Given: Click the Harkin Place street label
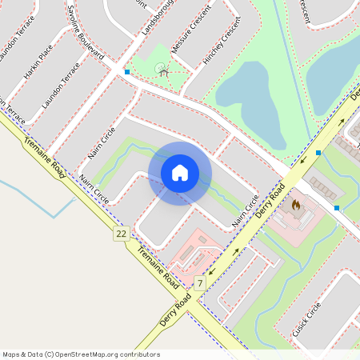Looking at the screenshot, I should coord(38,61).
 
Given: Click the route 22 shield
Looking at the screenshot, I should coord(121,233).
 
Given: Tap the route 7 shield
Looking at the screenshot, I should coord(199,283).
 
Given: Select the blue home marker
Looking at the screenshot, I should coord(180,173).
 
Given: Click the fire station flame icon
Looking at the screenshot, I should coord(295,205).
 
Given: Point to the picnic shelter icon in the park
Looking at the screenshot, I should coord(163,71).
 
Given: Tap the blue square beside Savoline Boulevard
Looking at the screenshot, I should coord(127,72).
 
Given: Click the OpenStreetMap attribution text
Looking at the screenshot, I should coord(81,354).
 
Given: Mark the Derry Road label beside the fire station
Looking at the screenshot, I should coord(270,205).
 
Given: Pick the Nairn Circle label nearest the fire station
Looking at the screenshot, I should coord(246,210).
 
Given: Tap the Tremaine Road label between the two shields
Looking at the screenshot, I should coord(157,268).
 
